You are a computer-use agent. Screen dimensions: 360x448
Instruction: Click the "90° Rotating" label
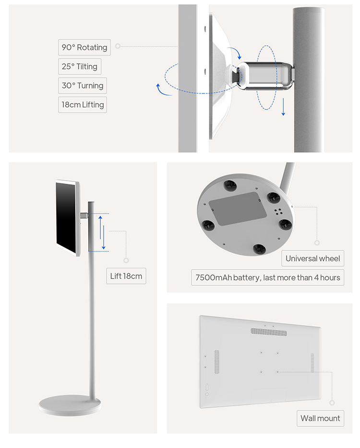pyautogui.click(x=84, y=47)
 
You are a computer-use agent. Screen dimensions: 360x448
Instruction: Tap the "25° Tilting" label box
pyautogui.click(x=80, y=67)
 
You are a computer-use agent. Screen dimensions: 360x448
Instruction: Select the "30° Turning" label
pyautogui.click(x=83, y=86)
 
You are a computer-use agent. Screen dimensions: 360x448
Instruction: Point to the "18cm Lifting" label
pyautogui.click(x=83, y=105)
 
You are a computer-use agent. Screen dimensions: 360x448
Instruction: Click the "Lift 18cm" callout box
pyautogui.click(x=126, y=276)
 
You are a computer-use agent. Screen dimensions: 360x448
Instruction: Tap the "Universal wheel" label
pyautogui.click(x=313, y=259)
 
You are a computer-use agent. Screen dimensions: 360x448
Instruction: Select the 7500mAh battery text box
pyautogui.click(x=268, y=277)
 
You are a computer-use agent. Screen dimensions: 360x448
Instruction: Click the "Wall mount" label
pyautogui.click(x=320, y=418)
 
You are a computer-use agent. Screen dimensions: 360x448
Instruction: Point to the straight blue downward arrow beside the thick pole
pyautogui.click(x=283, y=107)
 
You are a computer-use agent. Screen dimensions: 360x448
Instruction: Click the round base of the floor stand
pyautogui.click(x=70, y=405)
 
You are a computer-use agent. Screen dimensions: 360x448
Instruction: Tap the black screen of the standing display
pyautogui.click(x=66, y=217)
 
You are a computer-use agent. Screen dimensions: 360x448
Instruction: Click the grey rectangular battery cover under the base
pyautogui.click(x=237, y=208)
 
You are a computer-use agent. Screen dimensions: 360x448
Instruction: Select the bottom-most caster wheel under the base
pyautogui.click(x=259, y=249)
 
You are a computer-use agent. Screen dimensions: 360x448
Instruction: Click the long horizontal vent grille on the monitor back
pyautogui.click(x=269, y=332)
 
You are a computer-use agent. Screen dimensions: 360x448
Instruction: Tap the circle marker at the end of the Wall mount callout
pyautogui.click(x=332, y=403)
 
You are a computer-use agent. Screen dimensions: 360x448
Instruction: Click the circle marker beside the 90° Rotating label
pyautogui.click(x=118, y=46)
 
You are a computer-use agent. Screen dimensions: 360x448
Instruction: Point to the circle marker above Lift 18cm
pyautogui.click(x=126, y=260)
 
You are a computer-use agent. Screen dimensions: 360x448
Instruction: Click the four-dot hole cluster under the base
pyautogui.click(x=278, y=212)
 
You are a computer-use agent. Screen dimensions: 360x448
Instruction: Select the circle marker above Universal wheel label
pyautogui.click(x=317, y=243)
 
